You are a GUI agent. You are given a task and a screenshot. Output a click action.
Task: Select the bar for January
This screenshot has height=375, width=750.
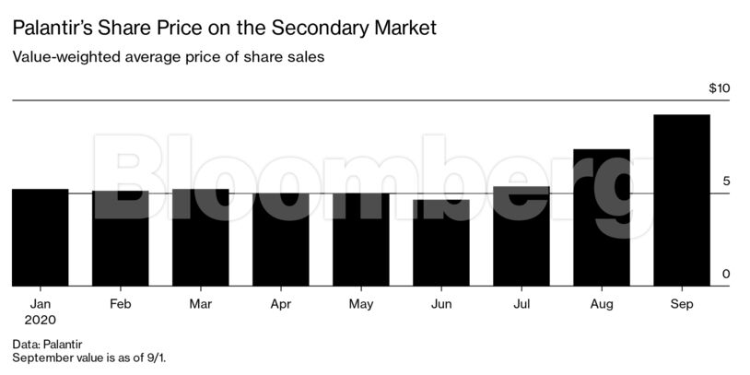pyautogui.click(x=40, y=238)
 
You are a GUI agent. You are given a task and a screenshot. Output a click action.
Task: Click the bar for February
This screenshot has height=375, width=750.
pyautogui.click(x=120, y=239)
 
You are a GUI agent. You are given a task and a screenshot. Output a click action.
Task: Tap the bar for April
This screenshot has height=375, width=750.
pyautogui.click(x=280, y=240)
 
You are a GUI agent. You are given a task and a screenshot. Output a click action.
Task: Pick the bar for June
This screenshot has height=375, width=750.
pyautogui.click(x=440, y=242)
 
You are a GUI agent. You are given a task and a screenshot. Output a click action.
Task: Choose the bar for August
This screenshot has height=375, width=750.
pyautogui.click(x=601, y=217)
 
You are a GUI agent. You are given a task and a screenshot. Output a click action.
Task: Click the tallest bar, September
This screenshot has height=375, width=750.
pyautogui.click(x=681, y=200)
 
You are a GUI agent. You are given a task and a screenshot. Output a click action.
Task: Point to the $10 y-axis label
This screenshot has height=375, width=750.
pyautogui.click(x=719, y=88)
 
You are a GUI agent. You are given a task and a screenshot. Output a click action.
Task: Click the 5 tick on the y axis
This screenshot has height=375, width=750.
pyautogui.click(x=725, y=182)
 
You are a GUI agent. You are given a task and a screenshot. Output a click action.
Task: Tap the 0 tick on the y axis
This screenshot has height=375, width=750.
pyautogui.click(x=725, y=275)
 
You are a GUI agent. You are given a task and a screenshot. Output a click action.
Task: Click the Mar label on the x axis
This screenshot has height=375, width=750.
pyautogui.click(x=200, y=302)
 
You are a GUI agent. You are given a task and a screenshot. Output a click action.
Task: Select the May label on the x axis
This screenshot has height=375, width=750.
pyautogui.click(x=360, y=302)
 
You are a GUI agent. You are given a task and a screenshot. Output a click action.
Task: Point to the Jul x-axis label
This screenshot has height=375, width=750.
pyautogui.click(x=521, y=302)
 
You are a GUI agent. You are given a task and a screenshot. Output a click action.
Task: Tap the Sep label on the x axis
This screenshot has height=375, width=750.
pyautogui.click(x=681, y=302)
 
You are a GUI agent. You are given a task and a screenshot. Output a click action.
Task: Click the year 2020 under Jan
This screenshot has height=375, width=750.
pyautogui.click(x=41, y=320)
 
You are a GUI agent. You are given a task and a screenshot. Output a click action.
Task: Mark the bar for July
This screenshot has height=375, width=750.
pyautogui.click(x=521, y=236)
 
